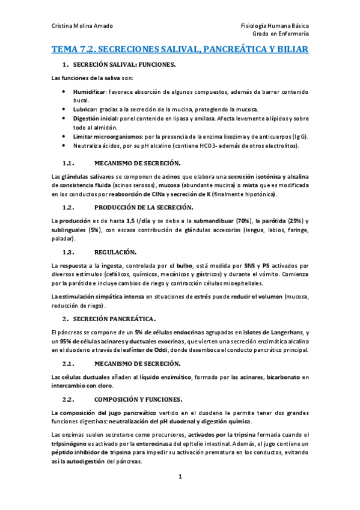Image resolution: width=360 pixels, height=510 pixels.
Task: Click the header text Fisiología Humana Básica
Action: click(x=274, y=26)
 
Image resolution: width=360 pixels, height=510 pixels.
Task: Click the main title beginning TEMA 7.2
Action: click(x=180, y=49)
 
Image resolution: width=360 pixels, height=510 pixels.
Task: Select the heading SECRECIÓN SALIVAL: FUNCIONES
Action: click(x=123, y=65)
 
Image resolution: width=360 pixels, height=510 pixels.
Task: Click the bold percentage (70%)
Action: click(x=228, y=221)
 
